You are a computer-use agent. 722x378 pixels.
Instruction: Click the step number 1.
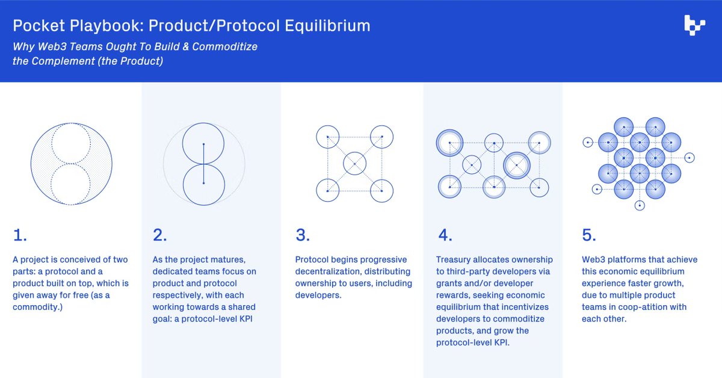tap(20, 235)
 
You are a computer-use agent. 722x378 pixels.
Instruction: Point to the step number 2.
tap(159, 235)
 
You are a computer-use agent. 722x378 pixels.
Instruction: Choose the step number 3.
tap(303, 235)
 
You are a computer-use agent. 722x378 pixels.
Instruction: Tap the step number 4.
tap(444, 235)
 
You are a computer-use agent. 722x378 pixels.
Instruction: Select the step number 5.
tap(590, 235)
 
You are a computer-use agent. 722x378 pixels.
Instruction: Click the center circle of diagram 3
tap(355, 164)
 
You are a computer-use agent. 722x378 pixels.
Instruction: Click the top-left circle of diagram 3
tap(327, 137)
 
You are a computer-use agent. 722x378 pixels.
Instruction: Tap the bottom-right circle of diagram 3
tap(381, 190)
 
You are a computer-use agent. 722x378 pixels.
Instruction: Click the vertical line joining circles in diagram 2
tap(203, 164)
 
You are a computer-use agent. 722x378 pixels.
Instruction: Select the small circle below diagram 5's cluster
tap(640, 205)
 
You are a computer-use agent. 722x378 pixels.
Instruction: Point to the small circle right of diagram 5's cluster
tap(690, 158)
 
